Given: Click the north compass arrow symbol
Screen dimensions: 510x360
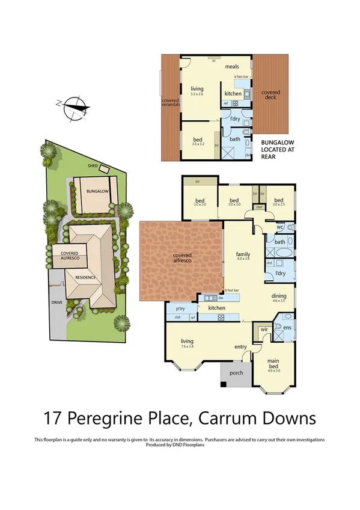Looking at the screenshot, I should click(x=73, y=107).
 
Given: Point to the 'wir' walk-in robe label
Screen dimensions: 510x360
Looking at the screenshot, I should click(x=263, y=330).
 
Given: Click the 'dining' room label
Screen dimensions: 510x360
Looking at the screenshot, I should click(x=279, y=296).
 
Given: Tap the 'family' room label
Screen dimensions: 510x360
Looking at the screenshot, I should click(x=242, y=255).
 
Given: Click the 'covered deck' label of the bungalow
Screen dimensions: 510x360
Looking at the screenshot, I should click(x=270, y=94).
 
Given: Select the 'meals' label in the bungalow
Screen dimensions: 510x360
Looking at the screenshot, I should click(x=232, y=67).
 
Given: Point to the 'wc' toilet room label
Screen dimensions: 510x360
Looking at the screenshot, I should click(x=280, y=227).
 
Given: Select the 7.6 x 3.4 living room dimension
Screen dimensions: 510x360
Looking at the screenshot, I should click(x=187, y=348).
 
